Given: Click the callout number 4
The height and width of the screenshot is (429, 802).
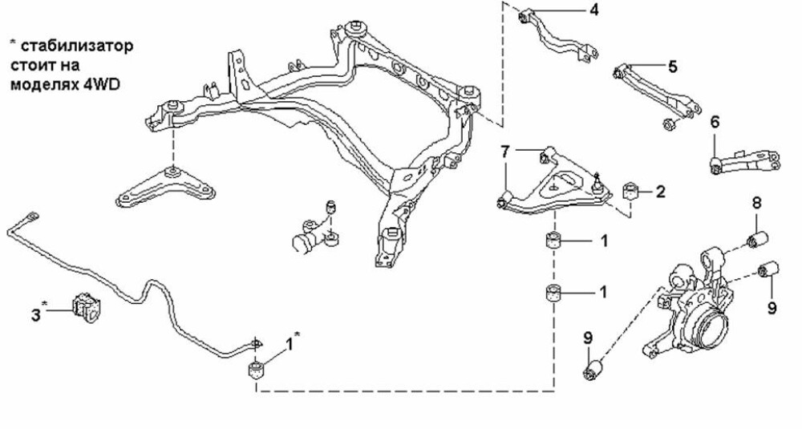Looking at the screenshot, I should (593, 10).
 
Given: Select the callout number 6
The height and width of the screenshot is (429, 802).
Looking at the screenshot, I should (715, 122).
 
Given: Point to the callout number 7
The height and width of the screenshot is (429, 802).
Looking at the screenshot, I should (504, 151).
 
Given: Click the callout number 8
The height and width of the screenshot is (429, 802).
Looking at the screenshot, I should (755, 203).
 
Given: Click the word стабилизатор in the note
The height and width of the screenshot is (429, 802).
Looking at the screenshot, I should (72, 46).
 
